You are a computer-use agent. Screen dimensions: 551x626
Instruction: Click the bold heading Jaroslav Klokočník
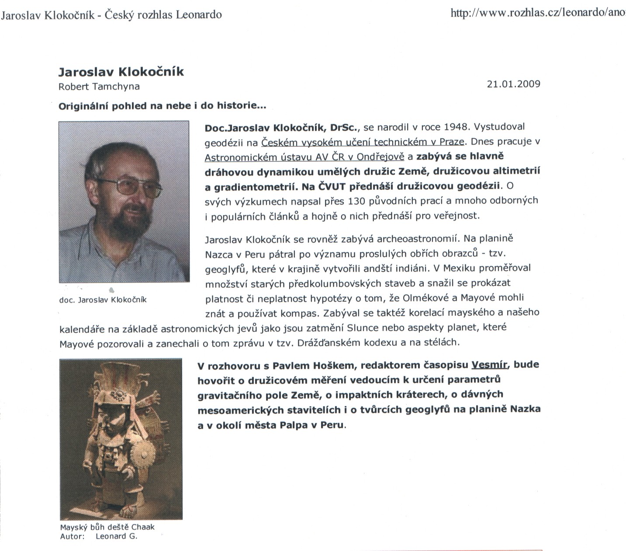pyautogui.click(x=121, y=72)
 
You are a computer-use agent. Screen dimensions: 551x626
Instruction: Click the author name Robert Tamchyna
pyautogui.click(x=99, y=86)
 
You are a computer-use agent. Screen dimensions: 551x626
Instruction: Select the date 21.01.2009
pyautogui.click(x=513, y=84)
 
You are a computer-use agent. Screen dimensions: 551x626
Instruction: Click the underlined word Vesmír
pyautogui.click(x=489, y=365)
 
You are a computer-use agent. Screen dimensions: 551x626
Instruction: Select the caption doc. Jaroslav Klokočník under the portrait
pyautogui.click(x=103, y=300)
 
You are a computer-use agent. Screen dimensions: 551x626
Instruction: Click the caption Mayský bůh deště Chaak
pyautogui.click(x=107, y=527)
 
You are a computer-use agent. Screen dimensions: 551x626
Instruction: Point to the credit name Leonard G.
pyautogui.click(x=116, y=536)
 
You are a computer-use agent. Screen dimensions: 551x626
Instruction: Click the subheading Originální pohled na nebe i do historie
pyautogui.click(x=162, y=106)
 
